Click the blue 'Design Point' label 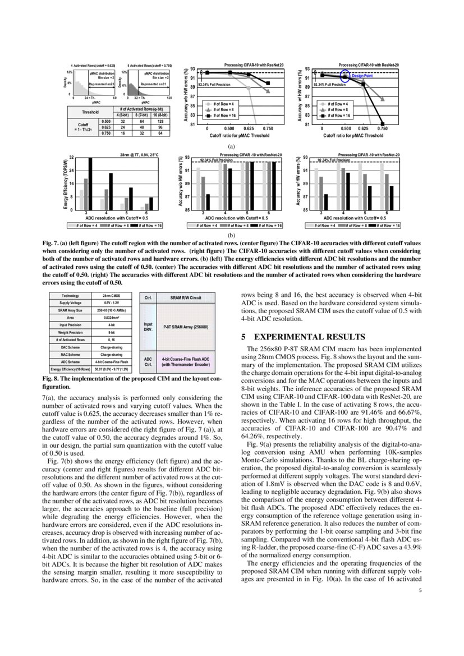362,75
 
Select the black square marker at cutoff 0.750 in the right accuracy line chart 383,123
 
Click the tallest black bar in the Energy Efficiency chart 90,184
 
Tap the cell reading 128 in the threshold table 160,121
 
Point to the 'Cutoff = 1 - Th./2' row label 83,127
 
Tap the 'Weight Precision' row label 71,332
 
